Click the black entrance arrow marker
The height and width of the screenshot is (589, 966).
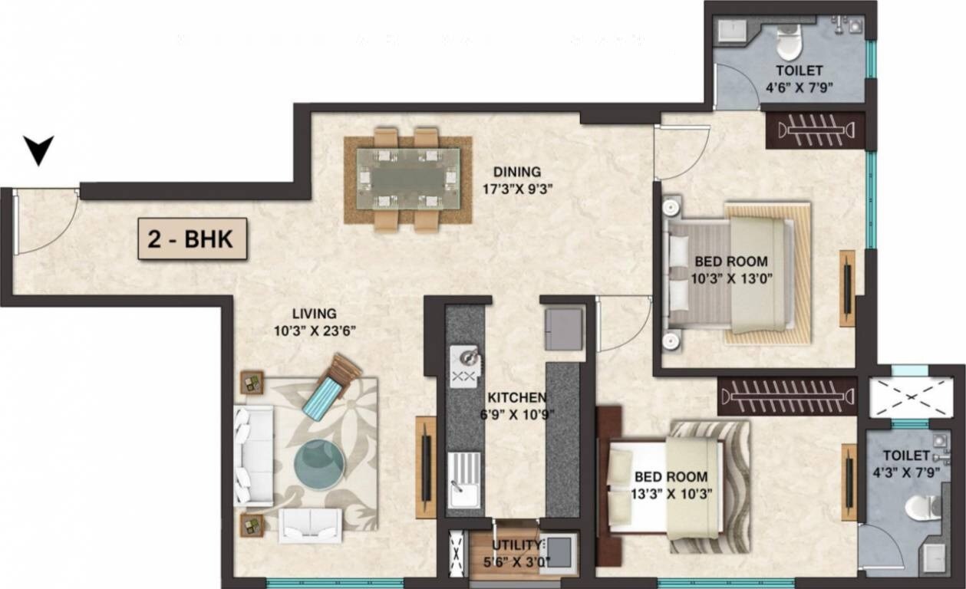click(x=38, y=149)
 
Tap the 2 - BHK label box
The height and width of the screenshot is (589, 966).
click(x=192, y=239)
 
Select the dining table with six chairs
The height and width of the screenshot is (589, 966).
click(x=407, y=179)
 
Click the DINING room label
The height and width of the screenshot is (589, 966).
click(x=516, y=172)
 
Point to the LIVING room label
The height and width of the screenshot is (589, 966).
click(x=314, y=313)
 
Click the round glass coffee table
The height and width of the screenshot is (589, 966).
click(x=320, y=464)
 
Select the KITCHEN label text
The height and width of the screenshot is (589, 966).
click(x=517, y=397)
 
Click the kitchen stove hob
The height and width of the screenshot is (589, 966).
click(x=466, y=366)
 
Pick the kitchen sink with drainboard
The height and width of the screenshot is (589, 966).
click(x=464, y=479)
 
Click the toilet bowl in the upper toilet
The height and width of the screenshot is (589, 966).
click(x=788, y=43)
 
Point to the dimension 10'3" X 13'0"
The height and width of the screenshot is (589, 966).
click(x=730, y=278)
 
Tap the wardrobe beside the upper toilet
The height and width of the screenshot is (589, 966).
click(x=816, y=130)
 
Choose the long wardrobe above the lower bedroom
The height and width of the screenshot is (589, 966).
click(x=787, y=397)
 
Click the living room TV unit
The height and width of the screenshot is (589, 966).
click(x=425, y=467)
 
